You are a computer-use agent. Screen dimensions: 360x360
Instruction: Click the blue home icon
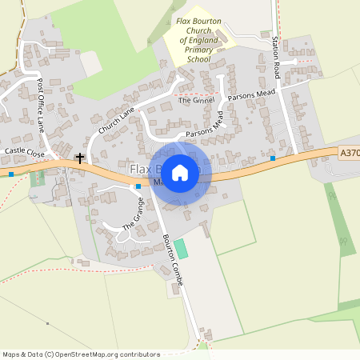[180, 172]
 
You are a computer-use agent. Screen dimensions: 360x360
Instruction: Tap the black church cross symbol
[80, 159]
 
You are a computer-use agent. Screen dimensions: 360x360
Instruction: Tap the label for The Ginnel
[197, 101]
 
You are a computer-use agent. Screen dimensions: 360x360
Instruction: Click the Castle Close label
[25, 150]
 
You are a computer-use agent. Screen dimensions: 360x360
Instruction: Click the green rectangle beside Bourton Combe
[182, 248]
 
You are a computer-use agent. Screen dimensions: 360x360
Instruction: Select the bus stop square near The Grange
[138, 186]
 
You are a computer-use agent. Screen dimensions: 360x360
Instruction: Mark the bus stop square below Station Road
[273, 158]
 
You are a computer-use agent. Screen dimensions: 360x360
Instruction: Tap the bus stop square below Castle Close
[11, 174]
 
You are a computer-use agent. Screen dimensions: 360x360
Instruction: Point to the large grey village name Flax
[141, 170]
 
